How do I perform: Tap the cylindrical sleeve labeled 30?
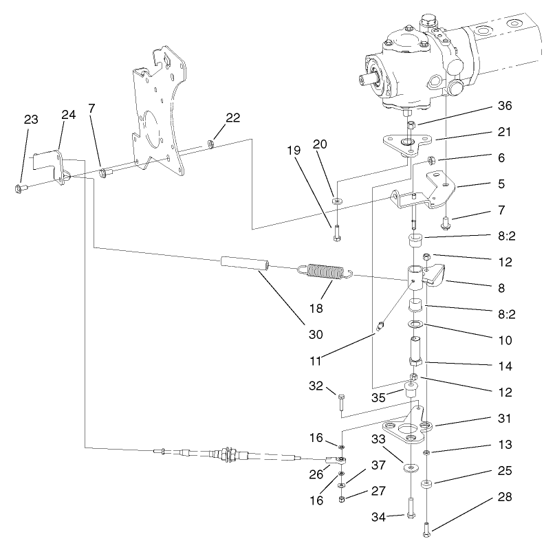point(243,264)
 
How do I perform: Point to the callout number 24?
point(68,115)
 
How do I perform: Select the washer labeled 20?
point(337,201)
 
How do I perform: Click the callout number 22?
point(232,117)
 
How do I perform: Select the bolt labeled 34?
point(410,508)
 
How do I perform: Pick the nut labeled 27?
point(342,498)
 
